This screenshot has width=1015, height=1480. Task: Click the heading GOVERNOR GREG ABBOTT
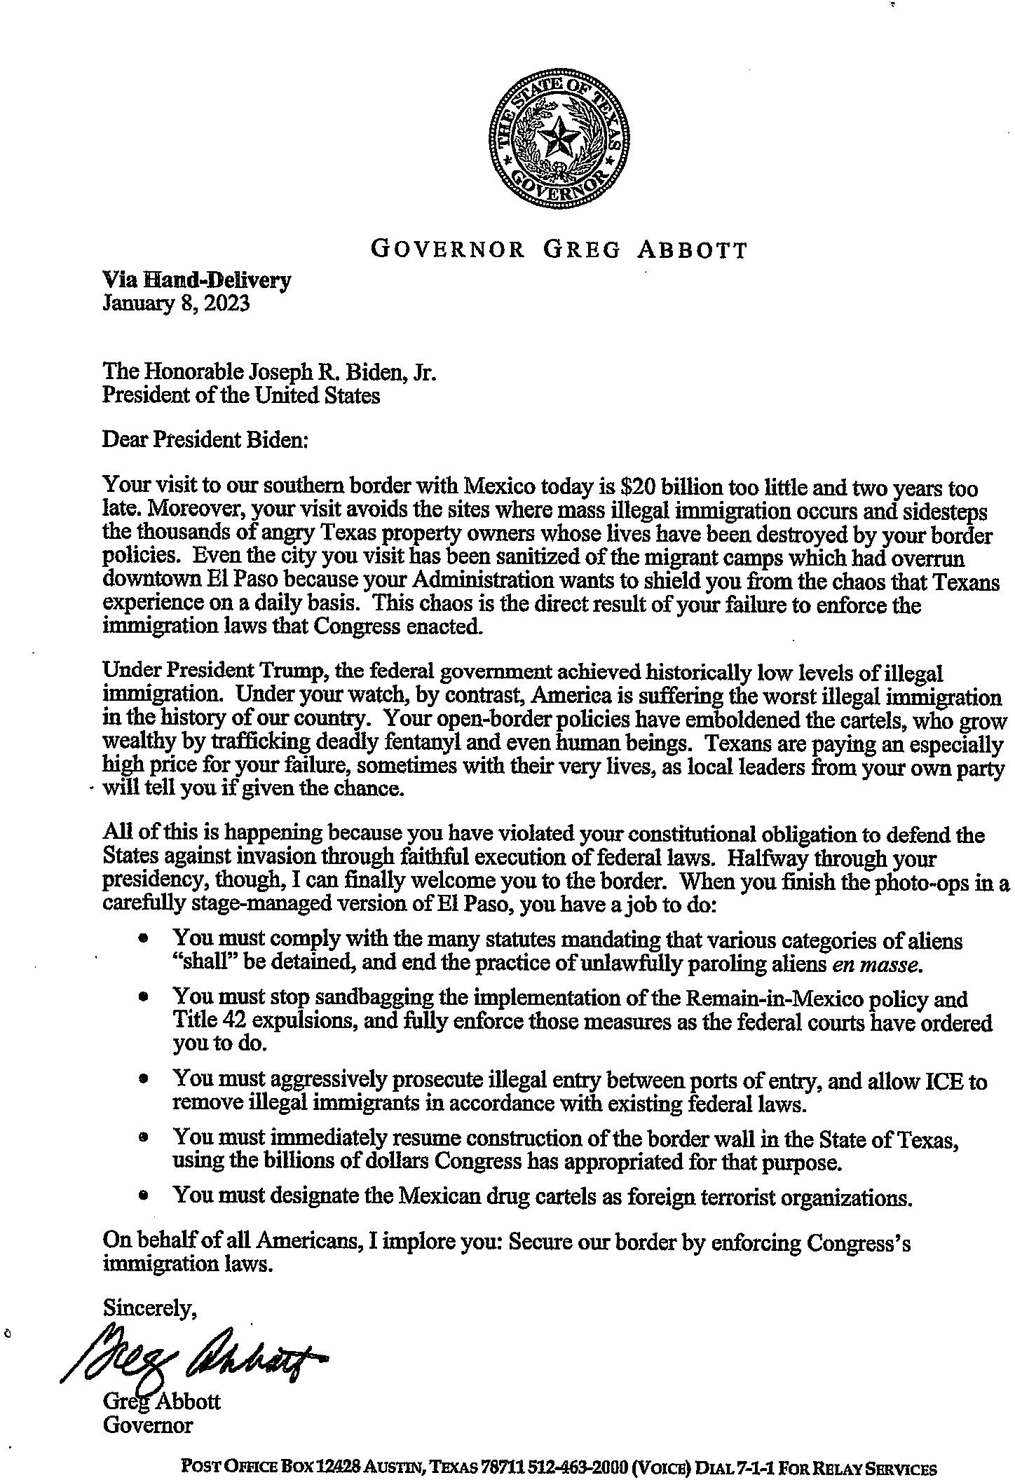click(x=559, y=249)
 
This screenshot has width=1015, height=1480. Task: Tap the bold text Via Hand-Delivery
click(x=196, y=280)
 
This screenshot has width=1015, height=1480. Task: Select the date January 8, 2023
click(x=176, y=303)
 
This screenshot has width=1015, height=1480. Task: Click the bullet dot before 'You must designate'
click(x=144, y=1198)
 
